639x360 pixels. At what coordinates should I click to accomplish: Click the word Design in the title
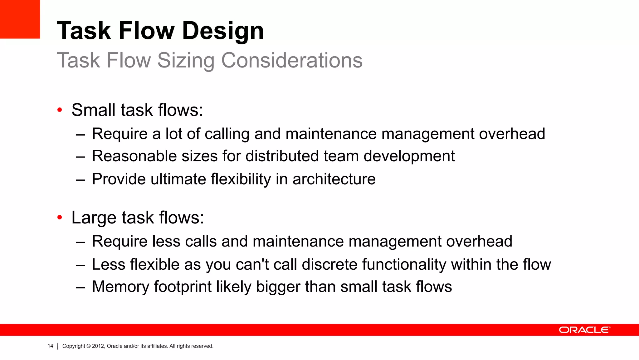(223, 31)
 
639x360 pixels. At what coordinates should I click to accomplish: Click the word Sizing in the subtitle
(186, 60)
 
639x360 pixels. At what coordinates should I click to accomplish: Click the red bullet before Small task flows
(60, 110)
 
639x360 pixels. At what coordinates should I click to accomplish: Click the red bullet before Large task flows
(60, 217)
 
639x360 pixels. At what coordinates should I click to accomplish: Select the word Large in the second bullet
(94, 218)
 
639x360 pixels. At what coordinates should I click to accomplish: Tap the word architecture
(334, 179)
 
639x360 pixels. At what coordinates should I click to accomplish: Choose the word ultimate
(178, 179)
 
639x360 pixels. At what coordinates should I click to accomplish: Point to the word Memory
(120, 287)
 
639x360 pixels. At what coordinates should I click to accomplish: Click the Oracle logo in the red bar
(584, 330)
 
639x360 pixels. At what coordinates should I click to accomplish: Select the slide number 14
(50, 346)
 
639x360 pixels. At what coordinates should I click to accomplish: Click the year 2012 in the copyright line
(98, 346)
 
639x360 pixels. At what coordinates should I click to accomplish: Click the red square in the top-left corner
(20, 19)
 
